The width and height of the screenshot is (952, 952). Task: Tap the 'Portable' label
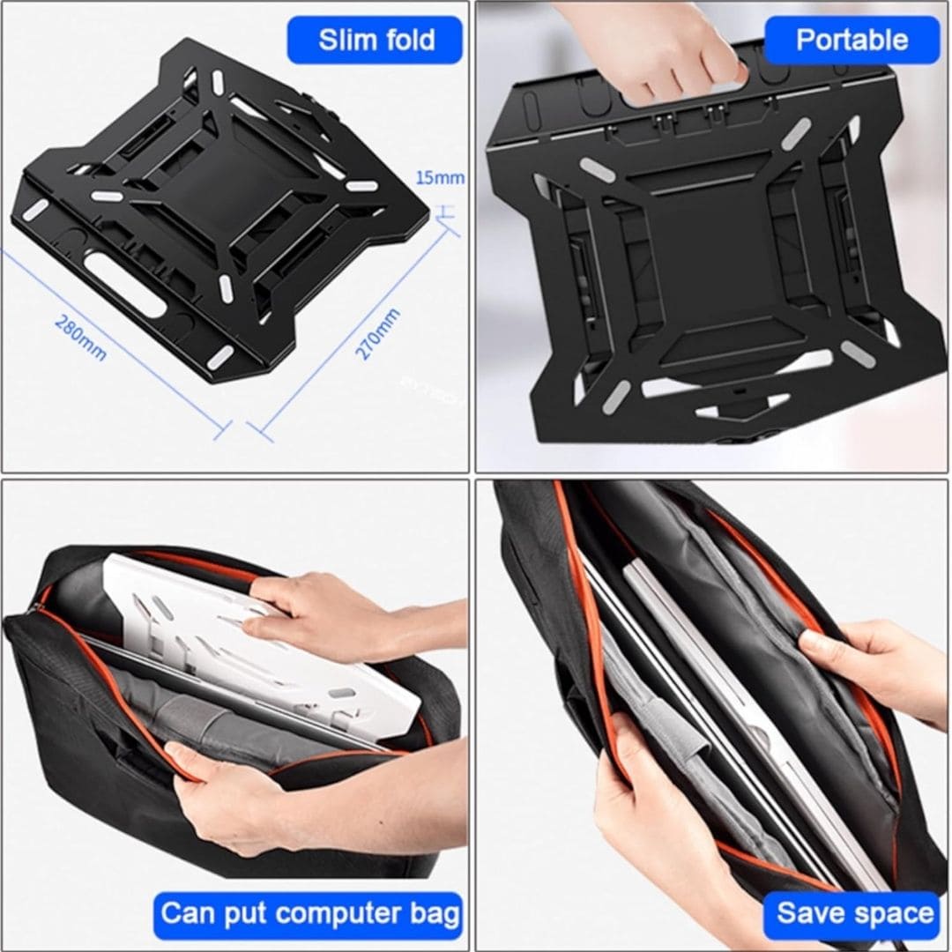coord(852,40)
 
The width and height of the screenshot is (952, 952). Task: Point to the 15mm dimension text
coord(440,178)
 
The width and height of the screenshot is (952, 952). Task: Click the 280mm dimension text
coord(81,338)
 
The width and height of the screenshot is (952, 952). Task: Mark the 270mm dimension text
coord(377,335)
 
